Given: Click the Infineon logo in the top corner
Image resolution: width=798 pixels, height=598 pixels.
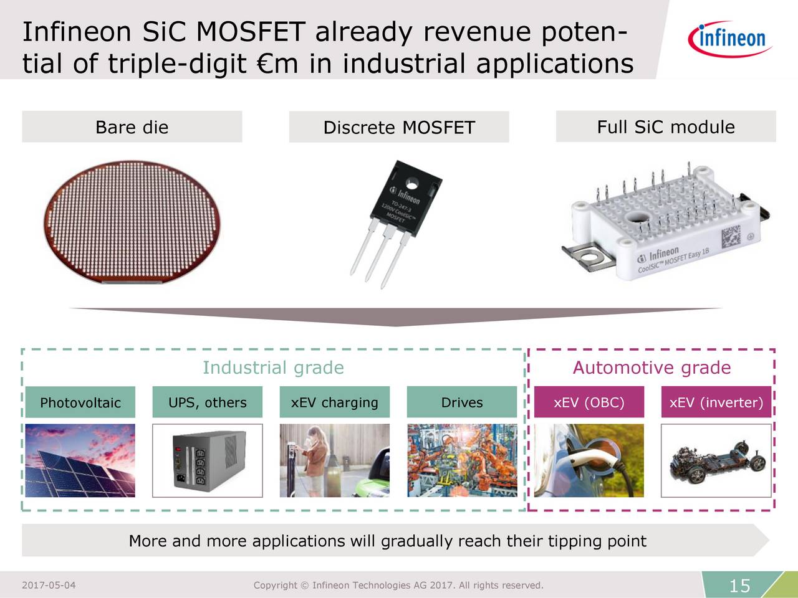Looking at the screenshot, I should click(730, 39).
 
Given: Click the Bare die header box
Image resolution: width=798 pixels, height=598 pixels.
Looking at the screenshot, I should click(132, 127).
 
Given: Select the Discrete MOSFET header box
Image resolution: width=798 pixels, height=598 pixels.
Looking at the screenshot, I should click(399, 128).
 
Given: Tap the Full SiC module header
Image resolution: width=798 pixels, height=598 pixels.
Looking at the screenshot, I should click(666, 126).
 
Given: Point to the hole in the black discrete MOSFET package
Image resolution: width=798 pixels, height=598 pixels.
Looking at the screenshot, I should click(412, 184).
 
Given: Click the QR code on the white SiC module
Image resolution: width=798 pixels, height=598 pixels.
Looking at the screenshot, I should click(731, 238).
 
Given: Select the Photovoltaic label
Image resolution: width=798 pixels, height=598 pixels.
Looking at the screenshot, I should click(80, 402).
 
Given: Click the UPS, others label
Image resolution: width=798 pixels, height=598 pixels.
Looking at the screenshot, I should click(208, 402).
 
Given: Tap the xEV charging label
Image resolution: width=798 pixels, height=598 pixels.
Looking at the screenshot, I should click(335, 402).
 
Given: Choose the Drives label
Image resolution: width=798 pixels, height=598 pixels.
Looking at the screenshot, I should click(462, 402).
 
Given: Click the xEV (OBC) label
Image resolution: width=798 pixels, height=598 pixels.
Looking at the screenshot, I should click(589, 402).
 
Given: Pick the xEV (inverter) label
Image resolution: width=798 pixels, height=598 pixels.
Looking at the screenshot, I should click(716, 402).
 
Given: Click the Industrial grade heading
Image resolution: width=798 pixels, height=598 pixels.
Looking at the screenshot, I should click(273, 368).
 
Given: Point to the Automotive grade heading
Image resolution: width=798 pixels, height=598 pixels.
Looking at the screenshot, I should click(651, 368).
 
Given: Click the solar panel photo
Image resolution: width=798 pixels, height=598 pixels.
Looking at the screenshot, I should click(80, 460).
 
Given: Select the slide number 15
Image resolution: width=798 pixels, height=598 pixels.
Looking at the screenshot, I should click(739, 586).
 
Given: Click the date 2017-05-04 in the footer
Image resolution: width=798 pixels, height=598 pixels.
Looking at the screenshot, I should click(49, 585).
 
